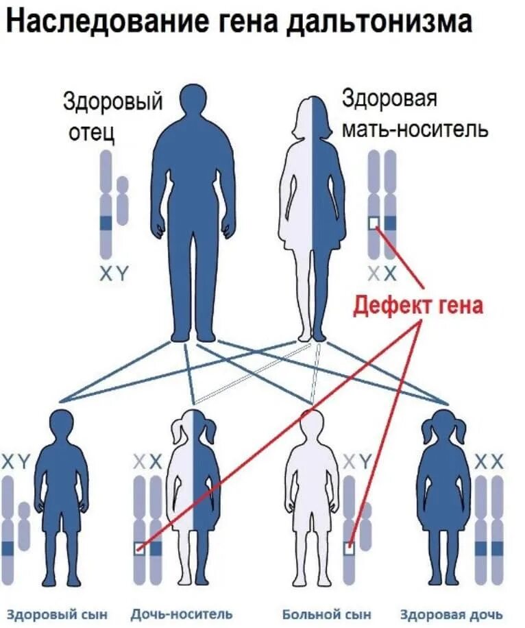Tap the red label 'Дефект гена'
[x=418, y=304]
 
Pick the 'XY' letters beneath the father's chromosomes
[x=114, y=274]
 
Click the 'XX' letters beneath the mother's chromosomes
[x=382, y=274]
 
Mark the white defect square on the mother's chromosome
[x=374, y=223]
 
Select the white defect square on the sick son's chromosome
[x=350, y=548]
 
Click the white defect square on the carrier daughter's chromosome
[x=140, y=548]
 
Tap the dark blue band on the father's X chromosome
[x=106, y=223]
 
